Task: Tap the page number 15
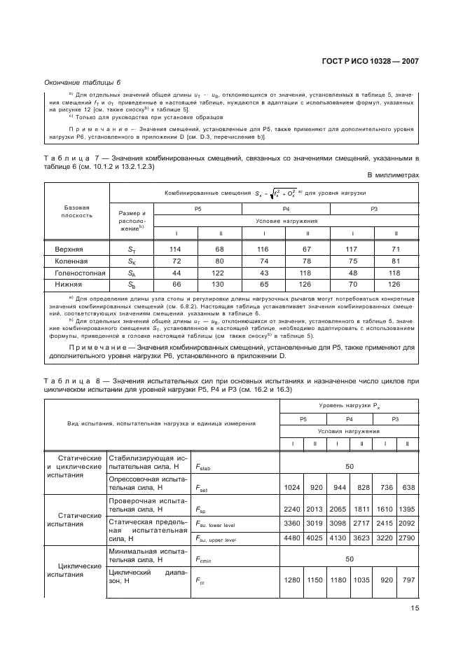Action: [414, 608]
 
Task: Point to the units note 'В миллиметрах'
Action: [393, 175]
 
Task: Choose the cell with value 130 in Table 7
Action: [220, 285]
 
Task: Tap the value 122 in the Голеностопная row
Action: [220, 273]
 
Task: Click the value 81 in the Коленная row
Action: [396, 261]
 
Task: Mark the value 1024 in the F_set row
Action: [292, 486]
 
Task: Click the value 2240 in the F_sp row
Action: [292, 511]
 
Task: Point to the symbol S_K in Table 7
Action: [132, 261]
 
